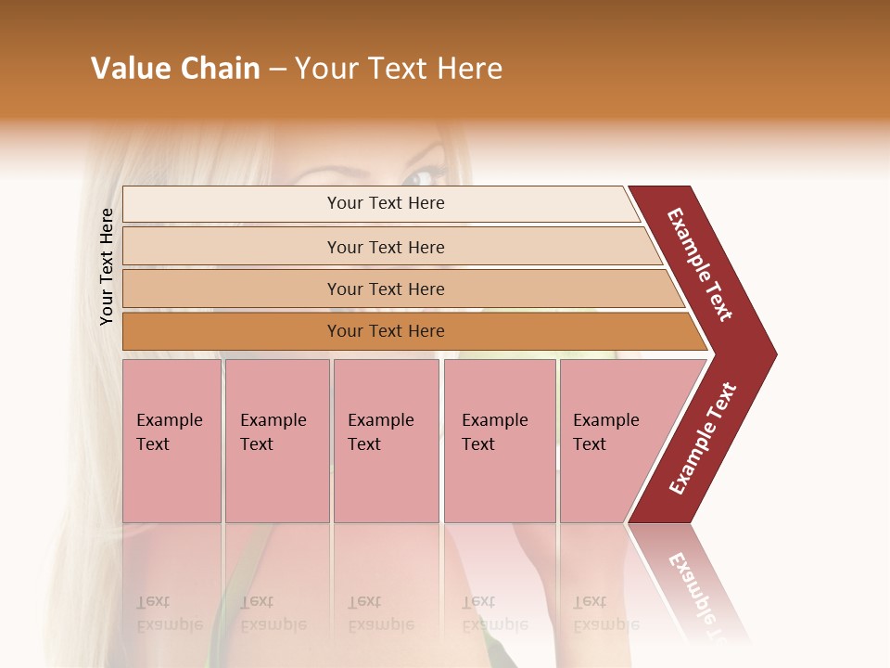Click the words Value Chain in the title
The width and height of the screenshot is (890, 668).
[175, 69]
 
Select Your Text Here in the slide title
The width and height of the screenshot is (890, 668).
[399, 69]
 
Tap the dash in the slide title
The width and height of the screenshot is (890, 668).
[277, 70]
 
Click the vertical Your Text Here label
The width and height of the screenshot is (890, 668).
[107, 266]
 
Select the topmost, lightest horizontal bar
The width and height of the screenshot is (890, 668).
[380, 203]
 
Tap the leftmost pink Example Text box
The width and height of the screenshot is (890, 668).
[172, 441]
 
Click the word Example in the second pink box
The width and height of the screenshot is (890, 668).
[273, 420]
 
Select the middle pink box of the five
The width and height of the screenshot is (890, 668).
[386, 441]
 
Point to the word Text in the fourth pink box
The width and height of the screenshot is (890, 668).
[478, 444]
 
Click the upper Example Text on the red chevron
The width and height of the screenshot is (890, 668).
[701, 264]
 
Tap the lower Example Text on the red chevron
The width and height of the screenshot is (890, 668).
[703, 438]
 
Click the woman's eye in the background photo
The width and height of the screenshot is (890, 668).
[422, 176]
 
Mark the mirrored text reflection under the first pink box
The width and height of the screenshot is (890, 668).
[170, 613]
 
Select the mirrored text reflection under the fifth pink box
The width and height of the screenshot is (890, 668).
[605, 613]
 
